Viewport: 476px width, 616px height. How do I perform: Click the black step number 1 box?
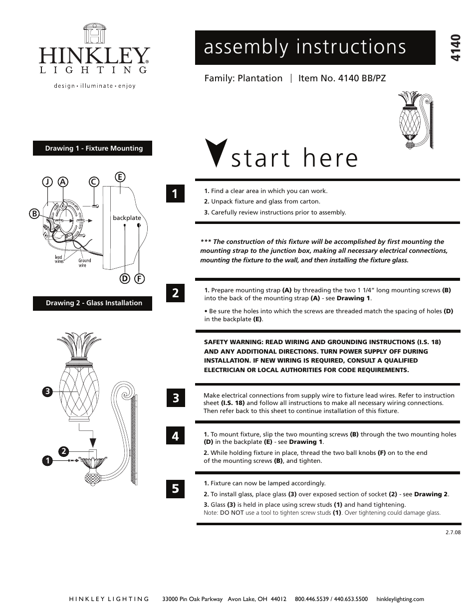(175, 194)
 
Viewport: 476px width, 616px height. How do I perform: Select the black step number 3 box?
(175, 398)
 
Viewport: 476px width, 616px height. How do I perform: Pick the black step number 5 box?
(175, 488)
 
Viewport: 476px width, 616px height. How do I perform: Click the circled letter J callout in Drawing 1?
(47, 182)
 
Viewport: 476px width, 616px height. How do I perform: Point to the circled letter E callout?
(120, 177)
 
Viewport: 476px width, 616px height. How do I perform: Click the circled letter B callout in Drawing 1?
(34, 213)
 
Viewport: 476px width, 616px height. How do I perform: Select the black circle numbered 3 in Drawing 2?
(47, 392)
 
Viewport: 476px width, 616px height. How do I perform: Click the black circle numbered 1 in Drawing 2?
(47, 461)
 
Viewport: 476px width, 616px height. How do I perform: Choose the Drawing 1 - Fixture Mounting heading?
(93, 148)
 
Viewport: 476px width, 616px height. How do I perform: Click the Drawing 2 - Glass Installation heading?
(93, 303)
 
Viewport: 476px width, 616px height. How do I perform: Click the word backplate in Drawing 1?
(127, 218)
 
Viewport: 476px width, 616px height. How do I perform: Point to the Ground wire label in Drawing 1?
(85, 262)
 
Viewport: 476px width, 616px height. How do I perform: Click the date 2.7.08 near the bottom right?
(452, 532)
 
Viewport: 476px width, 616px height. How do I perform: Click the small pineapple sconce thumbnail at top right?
(416, 120)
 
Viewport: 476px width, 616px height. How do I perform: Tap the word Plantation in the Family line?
(260, 78)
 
